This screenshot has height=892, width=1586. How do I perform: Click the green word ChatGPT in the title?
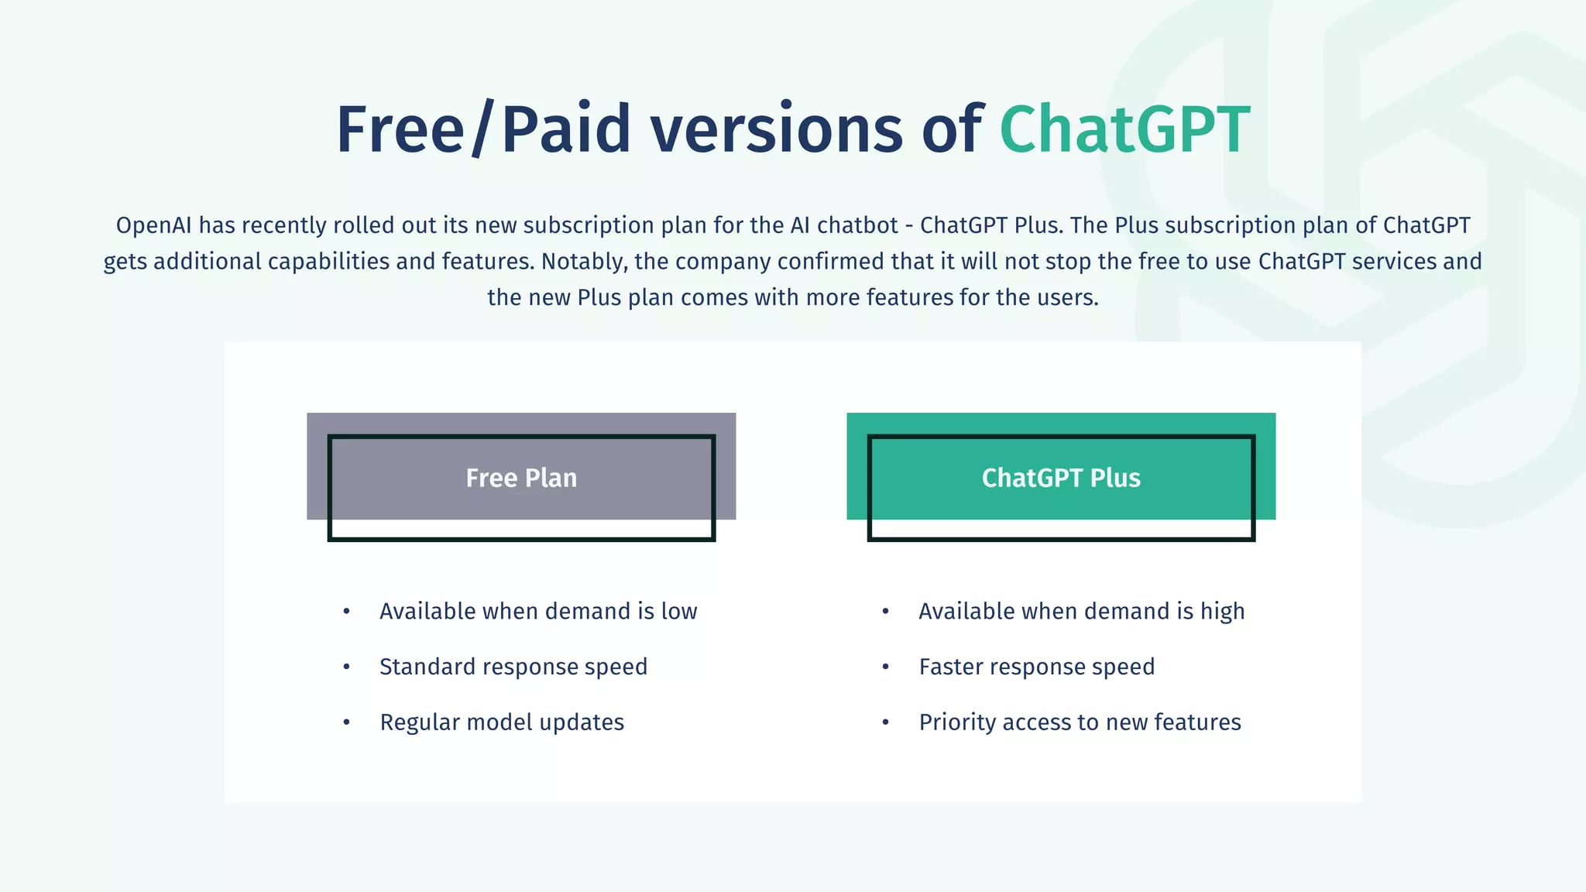point(1124,129)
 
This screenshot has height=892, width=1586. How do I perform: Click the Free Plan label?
point(521,478)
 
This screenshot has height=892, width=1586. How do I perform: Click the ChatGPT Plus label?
point(1061,478)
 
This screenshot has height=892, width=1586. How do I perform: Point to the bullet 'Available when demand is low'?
point(538,612)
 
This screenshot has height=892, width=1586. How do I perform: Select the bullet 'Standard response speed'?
point(513,667)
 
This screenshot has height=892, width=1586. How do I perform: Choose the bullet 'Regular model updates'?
point(502,722)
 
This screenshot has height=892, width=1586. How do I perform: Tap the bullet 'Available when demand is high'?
point(1081,612)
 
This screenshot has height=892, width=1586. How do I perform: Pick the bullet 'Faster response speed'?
point(1036,667)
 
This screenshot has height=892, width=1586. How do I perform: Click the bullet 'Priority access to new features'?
point(1080,722)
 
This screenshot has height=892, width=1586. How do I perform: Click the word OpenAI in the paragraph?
point(154,225)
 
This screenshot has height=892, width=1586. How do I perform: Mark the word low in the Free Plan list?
point(679,612)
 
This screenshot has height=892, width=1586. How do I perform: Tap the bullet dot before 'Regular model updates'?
point(346,722)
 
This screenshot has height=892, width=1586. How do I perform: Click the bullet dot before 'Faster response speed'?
point(885,667)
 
